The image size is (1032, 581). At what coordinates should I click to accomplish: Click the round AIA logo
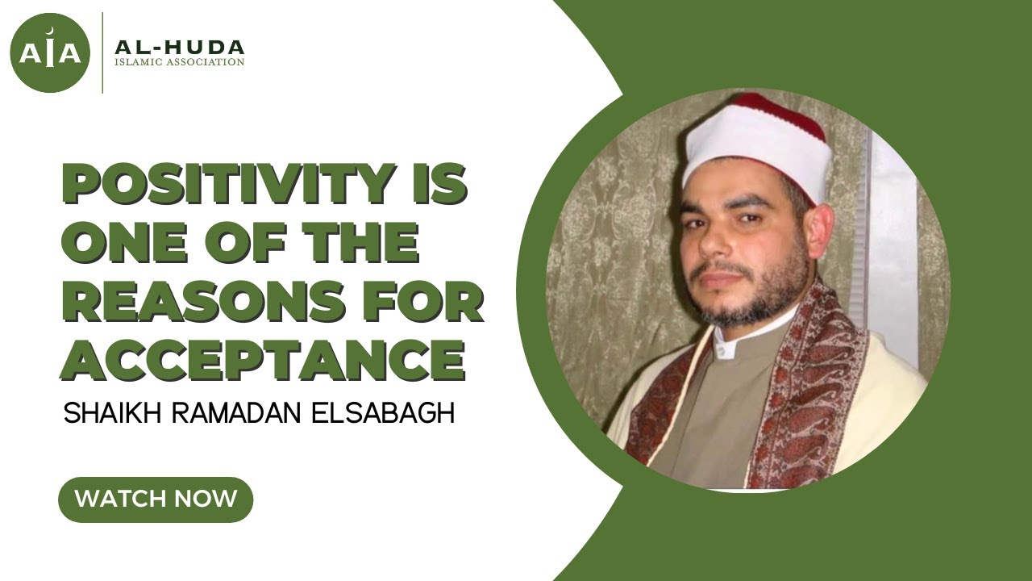(x=50, y=53)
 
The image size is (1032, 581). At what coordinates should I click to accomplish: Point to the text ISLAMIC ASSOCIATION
(x=179, y=62)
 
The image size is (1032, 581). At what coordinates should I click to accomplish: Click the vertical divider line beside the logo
(x=102, y=53)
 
